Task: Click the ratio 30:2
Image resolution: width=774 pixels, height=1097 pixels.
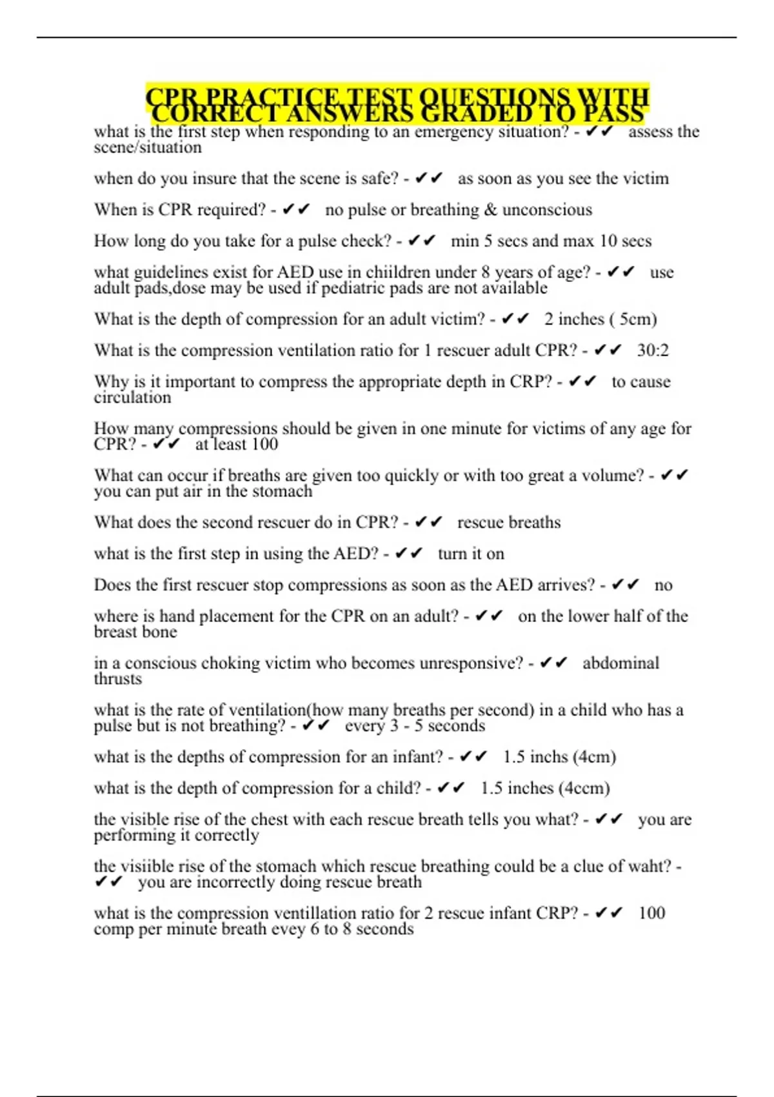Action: [x=653, y=350]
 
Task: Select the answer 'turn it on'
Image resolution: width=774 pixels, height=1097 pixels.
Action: [x=471, y=554]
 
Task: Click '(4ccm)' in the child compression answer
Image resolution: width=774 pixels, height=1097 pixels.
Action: [x=584, y=788]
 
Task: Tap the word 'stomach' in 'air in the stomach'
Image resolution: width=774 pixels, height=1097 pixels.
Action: [x=282, y=492]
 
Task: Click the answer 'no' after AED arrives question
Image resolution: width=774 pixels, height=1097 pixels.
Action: [x=663, y=585]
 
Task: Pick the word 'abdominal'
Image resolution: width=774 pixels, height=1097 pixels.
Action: [x=620, y=663]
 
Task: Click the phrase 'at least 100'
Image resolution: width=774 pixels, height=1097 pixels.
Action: [x=237, y=445]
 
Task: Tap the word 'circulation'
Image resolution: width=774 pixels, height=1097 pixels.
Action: [x=133, y=398]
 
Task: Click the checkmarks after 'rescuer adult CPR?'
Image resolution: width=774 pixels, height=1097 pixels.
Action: [x=608, y=350]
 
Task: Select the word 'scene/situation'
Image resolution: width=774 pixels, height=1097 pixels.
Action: [x=148, y=148]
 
